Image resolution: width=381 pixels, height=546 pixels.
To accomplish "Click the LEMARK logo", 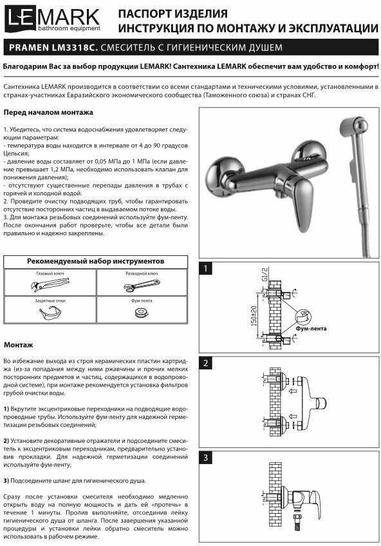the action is (53, 20).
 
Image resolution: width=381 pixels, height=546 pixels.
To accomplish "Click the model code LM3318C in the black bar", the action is (75, 48).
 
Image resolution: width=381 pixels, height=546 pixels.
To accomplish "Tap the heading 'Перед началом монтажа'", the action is (48, 112).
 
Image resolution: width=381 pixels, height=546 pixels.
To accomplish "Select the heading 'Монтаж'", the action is (19, 345).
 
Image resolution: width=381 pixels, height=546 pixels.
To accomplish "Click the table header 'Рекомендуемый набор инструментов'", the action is (96, 261).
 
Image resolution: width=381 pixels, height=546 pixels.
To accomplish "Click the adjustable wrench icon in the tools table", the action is (142, 286).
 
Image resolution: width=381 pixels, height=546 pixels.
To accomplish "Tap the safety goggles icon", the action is (50, 313).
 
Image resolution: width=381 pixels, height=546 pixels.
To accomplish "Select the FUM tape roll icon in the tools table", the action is (142, 312).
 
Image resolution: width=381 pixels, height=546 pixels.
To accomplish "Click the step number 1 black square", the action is (206, 268).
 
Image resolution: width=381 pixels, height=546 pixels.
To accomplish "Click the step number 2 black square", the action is (206, 363).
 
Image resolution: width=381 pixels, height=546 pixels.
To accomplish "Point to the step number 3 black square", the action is (206, 458).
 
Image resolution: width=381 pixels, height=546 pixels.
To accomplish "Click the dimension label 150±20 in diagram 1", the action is (254, 315).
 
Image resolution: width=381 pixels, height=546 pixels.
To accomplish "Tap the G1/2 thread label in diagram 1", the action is (265, 275).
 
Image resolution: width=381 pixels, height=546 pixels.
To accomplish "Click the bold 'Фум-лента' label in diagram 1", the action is (311, 328).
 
